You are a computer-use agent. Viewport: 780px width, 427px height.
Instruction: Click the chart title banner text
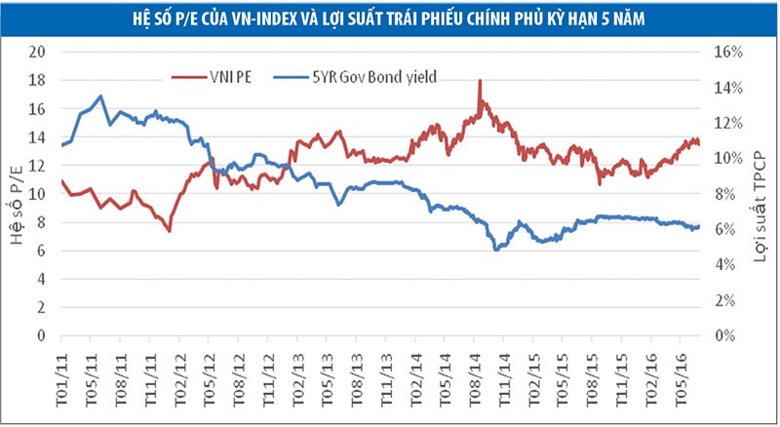tap(389, 17)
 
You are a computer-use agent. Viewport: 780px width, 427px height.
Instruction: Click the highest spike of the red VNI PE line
tap(480, 81)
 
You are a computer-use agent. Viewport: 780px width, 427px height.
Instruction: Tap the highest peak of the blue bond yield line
tap(101, 96)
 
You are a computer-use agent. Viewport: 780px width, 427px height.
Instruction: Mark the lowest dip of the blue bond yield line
tap(496, 250)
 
